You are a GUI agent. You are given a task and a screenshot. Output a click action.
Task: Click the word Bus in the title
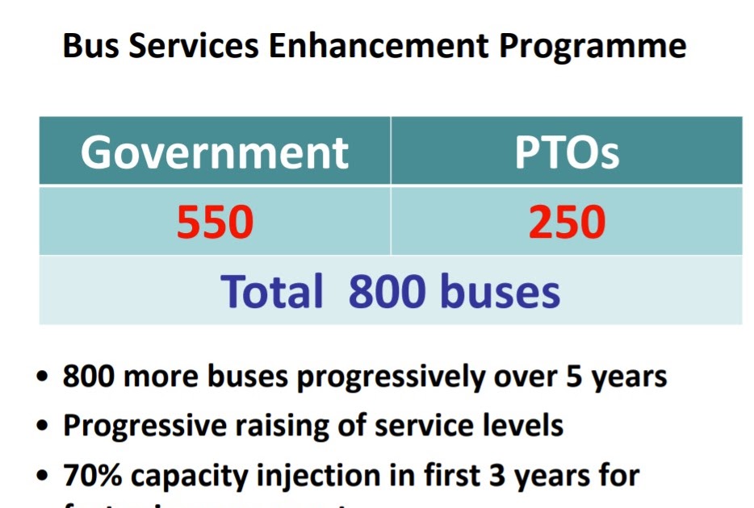pos(87,47)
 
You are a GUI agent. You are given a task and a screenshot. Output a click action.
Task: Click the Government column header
pos(215,152)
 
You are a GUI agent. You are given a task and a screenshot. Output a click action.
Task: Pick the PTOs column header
pos(567,152)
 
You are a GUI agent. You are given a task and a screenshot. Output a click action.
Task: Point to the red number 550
pos(215,222)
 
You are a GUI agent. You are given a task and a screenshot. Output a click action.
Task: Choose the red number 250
pos(567,222)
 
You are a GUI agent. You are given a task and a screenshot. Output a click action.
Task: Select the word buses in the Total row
pos(499,291)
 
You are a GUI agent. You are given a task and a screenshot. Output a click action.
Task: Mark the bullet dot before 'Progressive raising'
pos(43,427)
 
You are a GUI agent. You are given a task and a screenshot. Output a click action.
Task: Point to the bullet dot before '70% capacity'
pos(43,477)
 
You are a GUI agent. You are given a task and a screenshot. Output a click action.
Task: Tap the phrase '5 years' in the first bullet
pos(618,377)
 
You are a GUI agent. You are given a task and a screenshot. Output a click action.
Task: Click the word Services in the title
pos(191,47)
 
